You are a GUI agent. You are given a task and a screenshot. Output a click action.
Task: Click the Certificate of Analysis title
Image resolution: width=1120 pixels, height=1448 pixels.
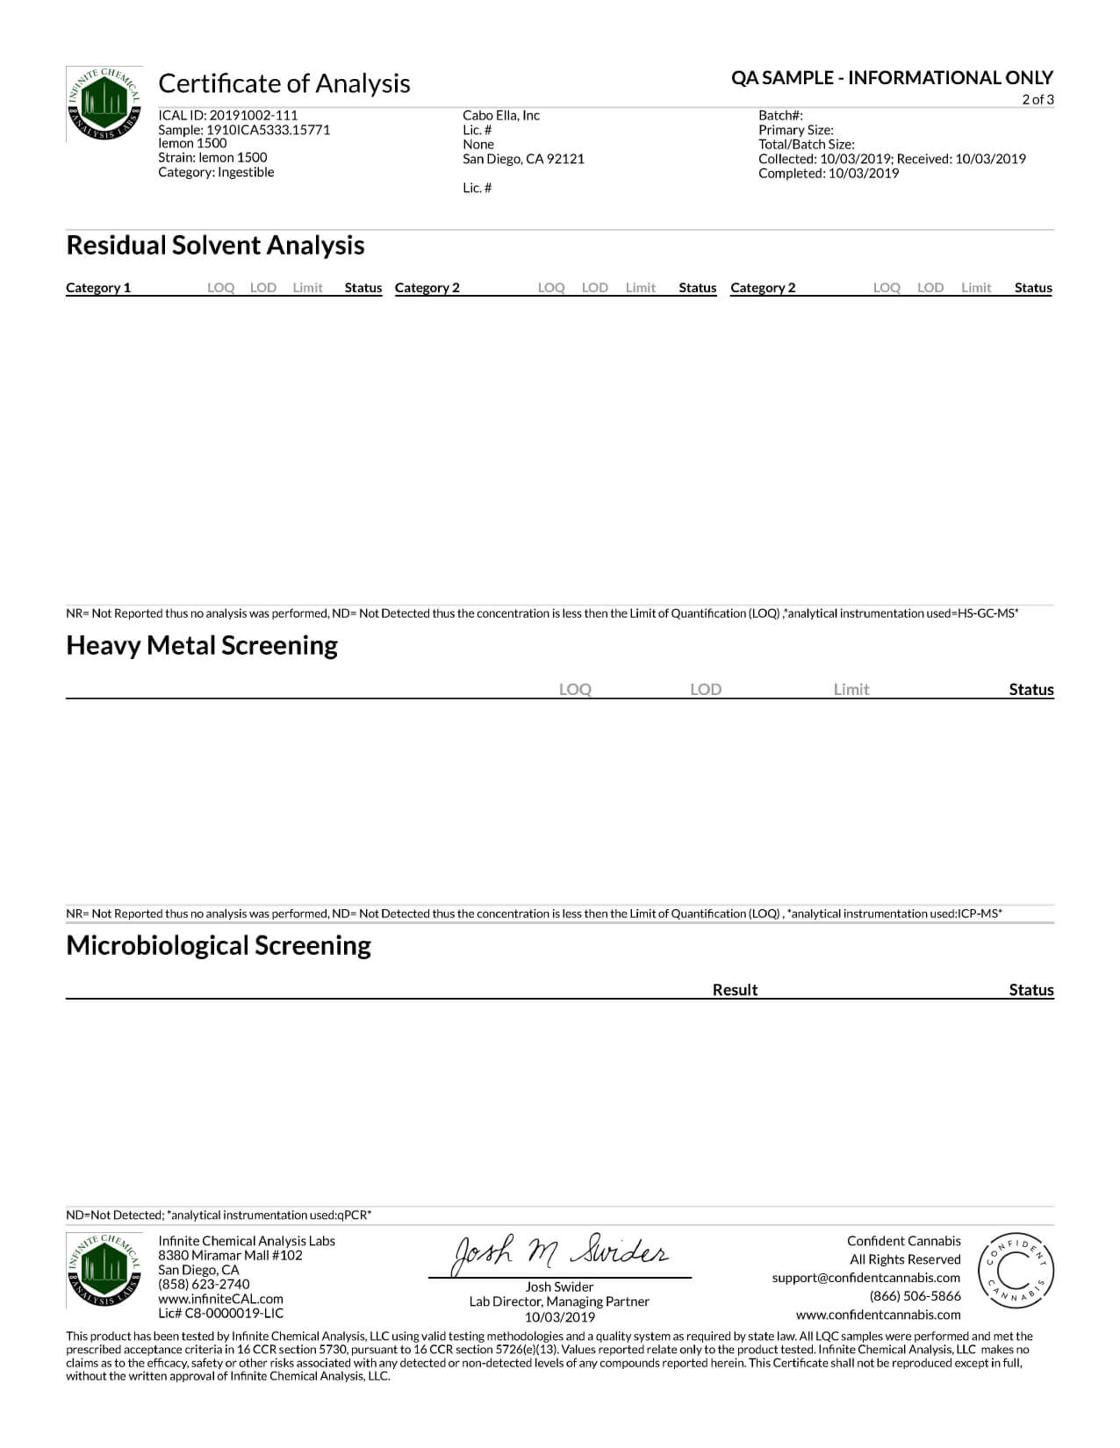point(284,83)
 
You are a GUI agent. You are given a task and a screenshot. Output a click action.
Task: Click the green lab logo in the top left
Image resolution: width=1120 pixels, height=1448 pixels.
point(104,104)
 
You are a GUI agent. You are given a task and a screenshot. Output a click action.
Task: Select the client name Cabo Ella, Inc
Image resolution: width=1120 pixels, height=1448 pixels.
point(501,115)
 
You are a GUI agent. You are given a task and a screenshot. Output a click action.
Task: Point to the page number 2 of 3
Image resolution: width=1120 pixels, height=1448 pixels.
point(1037,99)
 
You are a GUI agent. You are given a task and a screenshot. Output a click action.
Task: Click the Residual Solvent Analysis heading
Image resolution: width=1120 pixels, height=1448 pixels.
point(215,246)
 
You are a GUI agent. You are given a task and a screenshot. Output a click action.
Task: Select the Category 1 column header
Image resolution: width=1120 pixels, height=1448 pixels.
point(98,288)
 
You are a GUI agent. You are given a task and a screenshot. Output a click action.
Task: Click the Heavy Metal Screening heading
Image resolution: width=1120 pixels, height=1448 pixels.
point(202,646)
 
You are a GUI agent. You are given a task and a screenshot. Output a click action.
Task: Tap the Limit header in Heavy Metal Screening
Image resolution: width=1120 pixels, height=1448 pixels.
point(851,690)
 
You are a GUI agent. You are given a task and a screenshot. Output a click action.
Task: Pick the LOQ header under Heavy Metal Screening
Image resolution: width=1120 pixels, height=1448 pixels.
point(575,690)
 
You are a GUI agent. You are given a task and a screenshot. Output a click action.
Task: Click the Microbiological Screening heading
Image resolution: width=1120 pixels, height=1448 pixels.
point(219,946)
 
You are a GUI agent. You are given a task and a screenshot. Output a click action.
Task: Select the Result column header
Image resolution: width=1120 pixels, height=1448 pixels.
point(735,990)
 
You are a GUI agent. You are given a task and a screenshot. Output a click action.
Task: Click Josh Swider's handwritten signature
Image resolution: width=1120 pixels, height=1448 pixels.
point(559,1254)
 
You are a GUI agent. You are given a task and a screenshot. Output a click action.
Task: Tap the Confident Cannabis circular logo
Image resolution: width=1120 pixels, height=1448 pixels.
point(1016,1271)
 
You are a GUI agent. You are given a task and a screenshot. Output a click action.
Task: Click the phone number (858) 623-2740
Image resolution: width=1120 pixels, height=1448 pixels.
point(204,1284)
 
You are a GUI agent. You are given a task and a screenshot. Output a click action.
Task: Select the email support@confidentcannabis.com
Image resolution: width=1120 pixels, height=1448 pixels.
point(866,1278)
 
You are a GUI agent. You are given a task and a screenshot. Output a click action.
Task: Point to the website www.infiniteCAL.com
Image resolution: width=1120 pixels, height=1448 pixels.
point(220,1299)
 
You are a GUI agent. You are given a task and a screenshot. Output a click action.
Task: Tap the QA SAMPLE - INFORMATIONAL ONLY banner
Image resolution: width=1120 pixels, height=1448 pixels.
point(892,78)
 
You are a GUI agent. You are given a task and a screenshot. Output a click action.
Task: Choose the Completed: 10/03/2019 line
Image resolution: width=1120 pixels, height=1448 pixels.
point(829,173)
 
